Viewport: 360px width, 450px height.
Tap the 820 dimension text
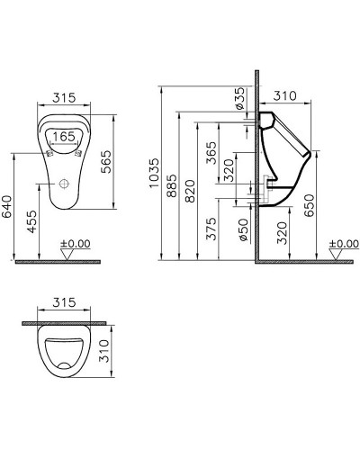[x=190, y=190]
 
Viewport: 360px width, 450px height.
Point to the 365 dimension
[x=210, y=155]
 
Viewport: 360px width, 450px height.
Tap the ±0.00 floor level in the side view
[x=342, y=243]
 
